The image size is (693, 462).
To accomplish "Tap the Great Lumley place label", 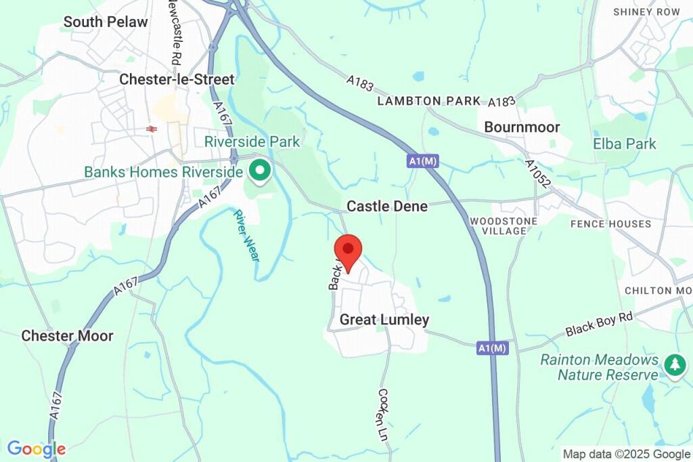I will [384, 320].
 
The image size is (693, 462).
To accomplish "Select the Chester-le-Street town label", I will [177, 79].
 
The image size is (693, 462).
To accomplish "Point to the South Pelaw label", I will [105, 22].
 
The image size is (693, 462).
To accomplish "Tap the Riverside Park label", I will [252, 142].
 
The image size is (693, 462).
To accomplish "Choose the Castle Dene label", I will [386, 206].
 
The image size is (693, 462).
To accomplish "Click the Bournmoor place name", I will [522, 127].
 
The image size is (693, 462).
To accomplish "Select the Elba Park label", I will [624, 144].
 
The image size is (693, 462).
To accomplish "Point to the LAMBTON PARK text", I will [429, 101].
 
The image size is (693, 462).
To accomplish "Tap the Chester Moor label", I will [67, 335].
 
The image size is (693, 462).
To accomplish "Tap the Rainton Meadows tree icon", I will [674, 365].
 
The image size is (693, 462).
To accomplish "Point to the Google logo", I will [36, 448].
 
